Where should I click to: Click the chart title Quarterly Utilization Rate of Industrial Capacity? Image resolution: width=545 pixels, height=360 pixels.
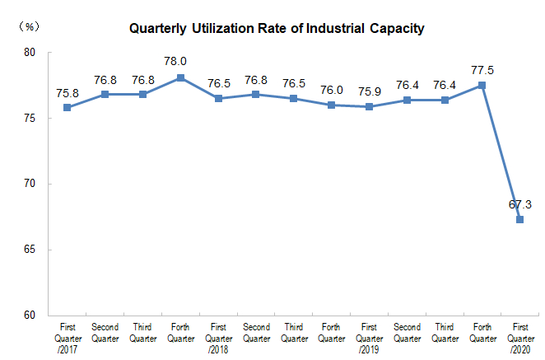[x=277, y=29]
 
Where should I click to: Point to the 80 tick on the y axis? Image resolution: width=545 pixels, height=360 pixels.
[x=30, y=53]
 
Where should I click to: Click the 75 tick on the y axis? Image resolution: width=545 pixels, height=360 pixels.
[x=30, y=119]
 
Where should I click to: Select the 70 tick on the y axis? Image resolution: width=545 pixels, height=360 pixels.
[x=30, y=184]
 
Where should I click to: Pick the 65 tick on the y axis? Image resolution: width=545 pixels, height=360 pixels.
[x=30, y=250]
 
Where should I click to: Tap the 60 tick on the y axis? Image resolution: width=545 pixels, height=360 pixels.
[x=30, y=316]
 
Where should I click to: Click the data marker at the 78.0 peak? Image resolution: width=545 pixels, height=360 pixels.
[x=180, y=78]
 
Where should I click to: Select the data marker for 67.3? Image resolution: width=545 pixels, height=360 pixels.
[x=520, y=219]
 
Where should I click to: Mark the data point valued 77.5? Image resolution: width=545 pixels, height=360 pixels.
[x=482, y=85]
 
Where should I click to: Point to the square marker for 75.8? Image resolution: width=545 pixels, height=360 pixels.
[x=67, y=107]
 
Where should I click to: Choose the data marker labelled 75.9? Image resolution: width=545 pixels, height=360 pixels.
[x=370, y=106]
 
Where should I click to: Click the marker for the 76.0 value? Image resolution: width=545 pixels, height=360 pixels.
[x=332, y=105]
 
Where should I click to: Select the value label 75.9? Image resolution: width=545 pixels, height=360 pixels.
[x=370, y=89]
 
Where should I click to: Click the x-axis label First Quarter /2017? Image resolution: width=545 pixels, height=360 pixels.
[x=67, y=338]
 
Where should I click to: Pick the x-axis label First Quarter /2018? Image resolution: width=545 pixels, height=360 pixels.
[x=218, y=338]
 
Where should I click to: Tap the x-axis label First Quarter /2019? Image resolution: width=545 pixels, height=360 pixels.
[x=370, y=338]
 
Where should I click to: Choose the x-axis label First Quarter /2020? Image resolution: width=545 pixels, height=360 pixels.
[x=520, y=338]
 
